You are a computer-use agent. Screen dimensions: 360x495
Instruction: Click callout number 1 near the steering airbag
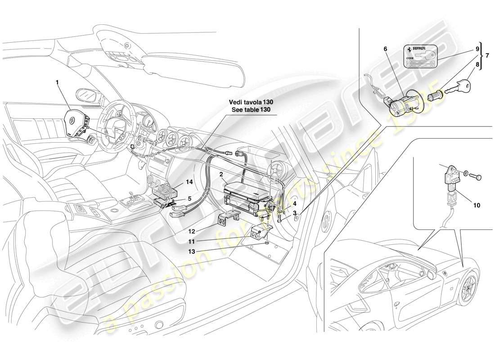point(57,83)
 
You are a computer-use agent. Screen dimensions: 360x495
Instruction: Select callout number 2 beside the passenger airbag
point(221,174)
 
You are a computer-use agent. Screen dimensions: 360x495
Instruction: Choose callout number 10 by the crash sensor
point(477,205)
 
